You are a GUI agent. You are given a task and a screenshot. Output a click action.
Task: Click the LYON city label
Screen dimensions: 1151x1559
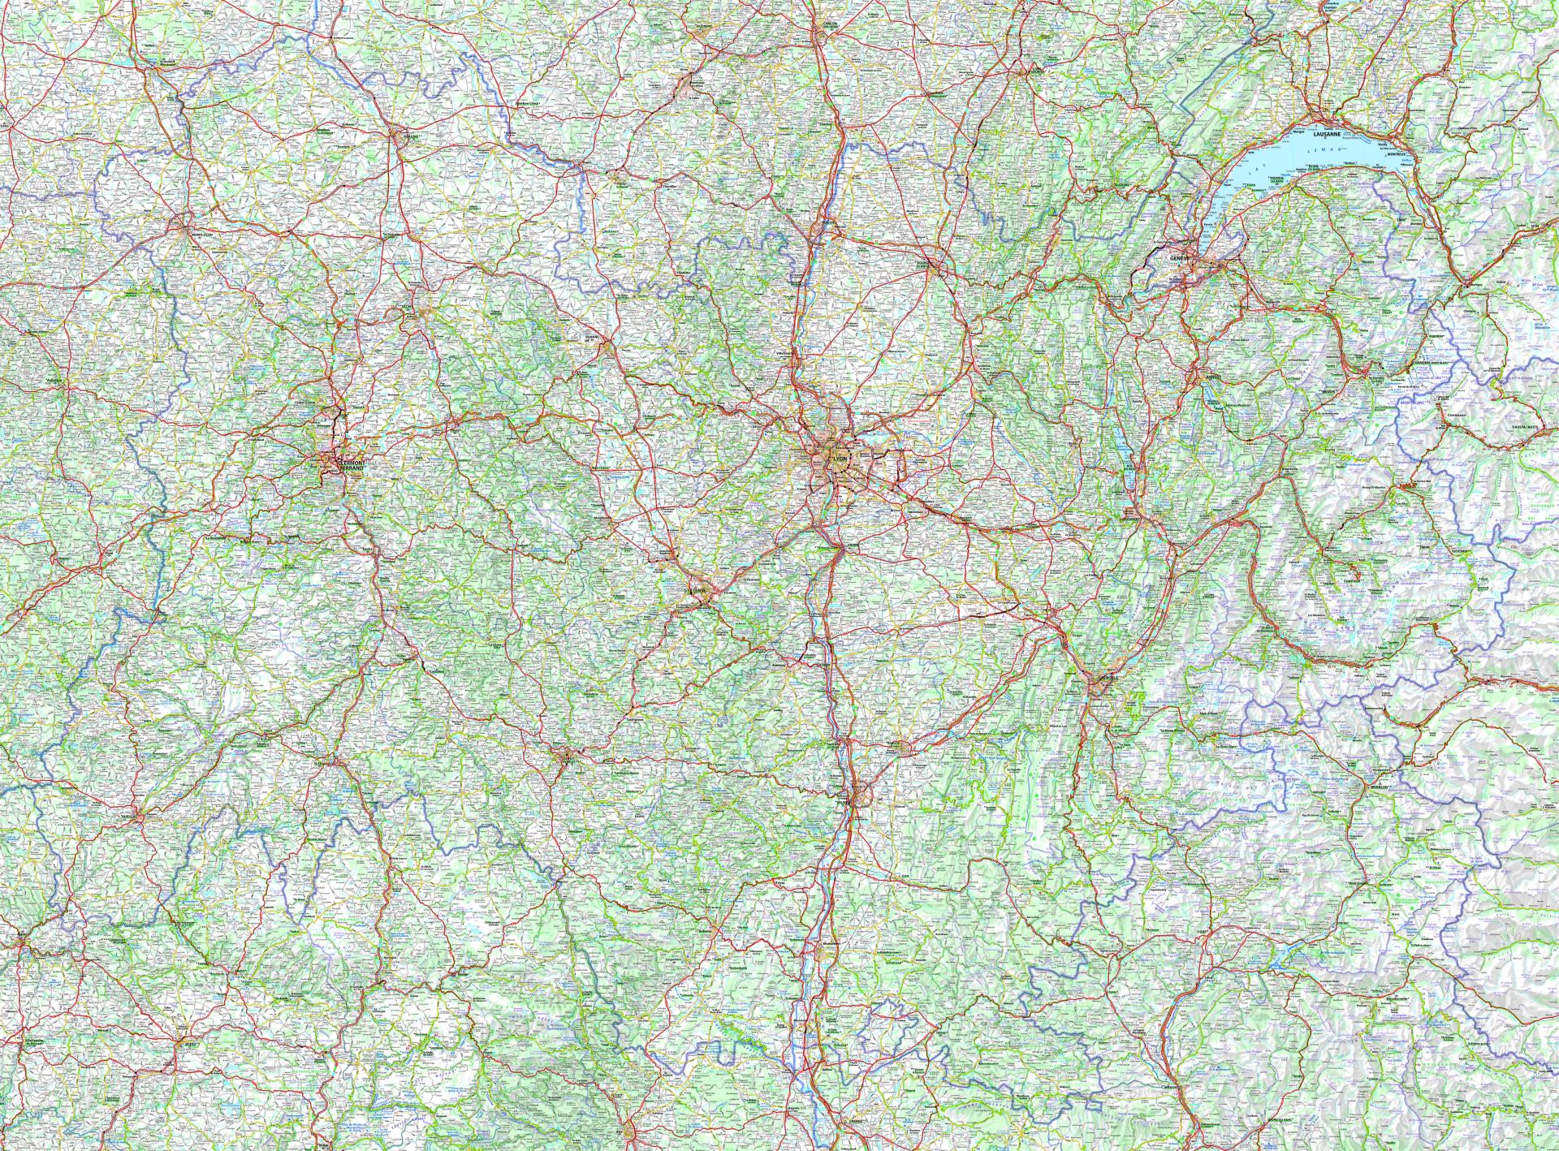coord(839,459)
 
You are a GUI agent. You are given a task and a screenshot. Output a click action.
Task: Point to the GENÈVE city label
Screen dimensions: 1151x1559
coord(1179,257)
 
